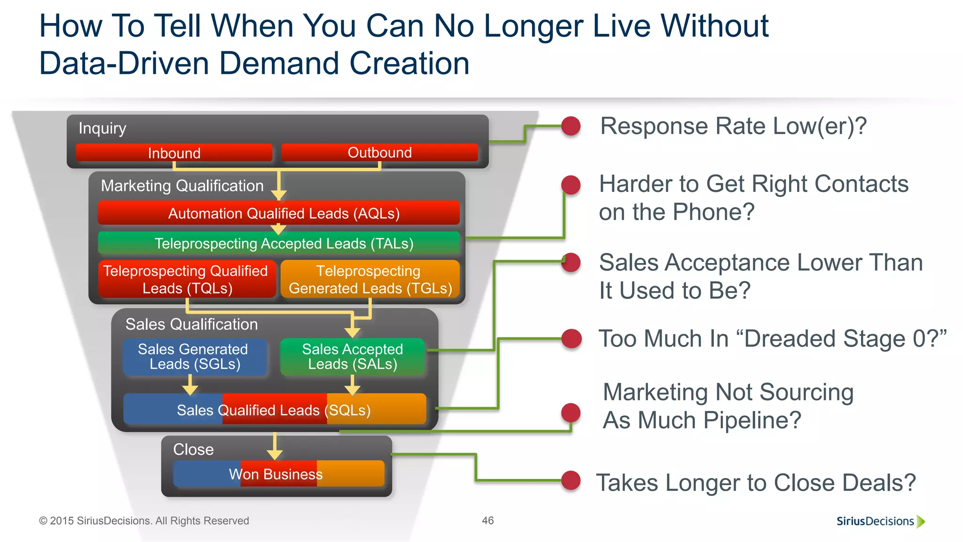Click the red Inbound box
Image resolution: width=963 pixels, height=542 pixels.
click(174, 153)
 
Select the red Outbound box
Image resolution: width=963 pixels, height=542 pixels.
click(379, 152)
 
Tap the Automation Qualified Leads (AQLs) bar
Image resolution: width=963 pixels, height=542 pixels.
click(279, 213)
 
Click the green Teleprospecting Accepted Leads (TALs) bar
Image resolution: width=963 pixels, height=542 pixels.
click(279, 243)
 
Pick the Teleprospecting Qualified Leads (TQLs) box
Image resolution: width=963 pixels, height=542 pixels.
click(187, 279)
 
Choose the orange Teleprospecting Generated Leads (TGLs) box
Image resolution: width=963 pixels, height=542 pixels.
click(370, 279)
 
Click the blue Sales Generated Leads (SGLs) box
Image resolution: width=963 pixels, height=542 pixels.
click(194, 357)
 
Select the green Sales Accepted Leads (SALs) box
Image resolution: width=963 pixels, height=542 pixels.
click(352, 357)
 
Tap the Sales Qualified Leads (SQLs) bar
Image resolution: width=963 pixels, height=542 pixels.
click(274, 409)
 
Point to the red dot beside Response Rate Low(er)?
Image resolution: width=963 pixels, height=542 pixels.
click(571, 126)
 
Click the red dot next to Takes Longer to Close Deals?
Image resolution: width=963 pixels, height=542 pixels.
click(571, 481)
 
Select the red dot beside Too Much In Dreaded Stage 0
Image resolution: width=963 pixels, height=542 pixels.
click(571, 339)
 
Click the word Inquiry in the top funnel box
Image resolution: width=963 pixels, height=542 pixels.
click(102, 128)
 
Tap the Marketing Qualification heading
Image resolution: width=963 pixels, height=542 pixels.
click(182, 186)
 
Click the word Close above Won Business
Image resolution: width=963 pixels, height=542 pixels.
click(193, 449)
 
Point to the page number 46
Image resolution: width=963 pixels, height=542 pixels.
click(488, 520)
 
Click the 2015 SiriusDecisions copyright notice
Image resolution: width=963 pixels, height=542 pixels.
click(144, 521)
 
